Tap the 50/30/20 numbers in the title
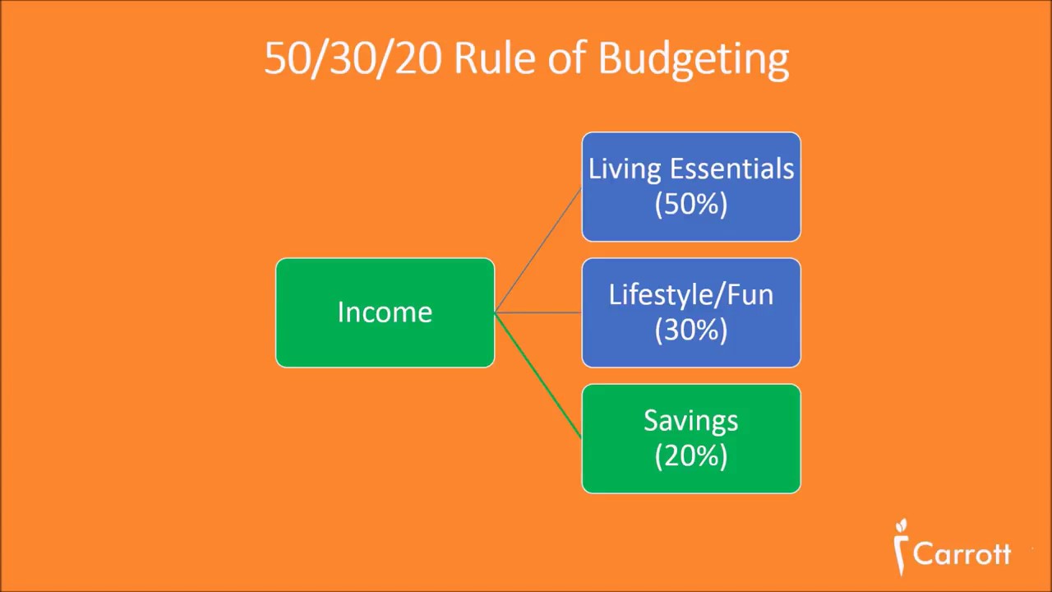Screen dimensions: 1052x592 (x=353, y=59)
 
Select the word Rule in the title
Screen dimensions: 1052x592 (x=495, y=58)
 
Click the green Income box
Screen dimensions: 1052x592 (x=385, y=312)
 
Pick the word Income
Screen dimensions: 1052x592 (x=385, y=312)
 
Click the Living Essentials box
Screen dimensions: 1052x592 (x=691, y=187)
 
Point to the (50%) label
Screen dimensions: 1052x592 (x=691, y=205)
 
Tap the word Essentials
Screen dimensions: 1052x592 (x=731, y=169)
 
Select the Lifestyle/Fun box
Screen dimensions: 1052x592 (x=691, y=312)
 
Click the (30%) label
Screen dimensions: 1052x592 (x=691, y=330)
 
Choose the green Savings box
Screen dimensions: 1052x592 (x=691, y=439)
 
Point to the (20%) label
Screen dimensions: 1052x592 (x=691, y=456)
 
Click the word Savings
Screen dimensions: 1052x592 (x=691, y=421)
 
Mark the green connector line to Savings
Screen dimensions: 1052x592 (x=538, y=376)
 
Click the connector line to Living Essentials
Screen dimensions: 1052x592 (x=538, y=250)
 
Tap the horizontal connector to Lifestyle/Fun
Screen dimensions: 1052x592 (x=538, y=312)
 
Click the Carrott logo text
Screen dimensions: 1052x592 (x=962, y=554)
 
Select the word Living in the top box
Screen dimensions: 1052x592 (x=626, y=169)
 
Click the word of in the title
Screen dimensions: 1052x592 (x=566, y=58)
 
